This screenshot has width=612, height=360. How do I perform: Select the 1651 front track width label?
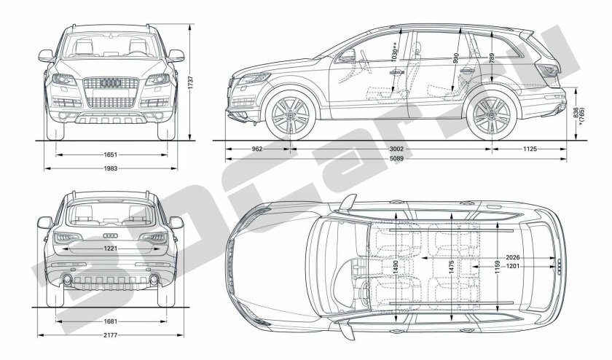click(x=111, y=154)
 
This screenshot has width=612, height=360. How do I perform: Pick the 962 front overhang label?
click(x=257, y=149)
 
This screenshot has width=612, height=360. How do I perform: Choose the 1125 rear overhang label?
click(x=530, y=149)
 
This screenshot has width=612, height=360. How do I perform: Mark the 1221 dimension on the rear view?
click(x=111, y=248)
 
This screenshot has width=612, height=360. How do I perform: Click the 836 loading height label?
click(x=576, y=113)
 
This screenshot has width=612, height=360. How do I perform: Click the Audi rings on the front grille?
click(x=111, y=82)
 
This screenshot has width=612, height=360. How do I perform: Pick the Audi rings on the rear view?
click(x=111, y=235)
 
